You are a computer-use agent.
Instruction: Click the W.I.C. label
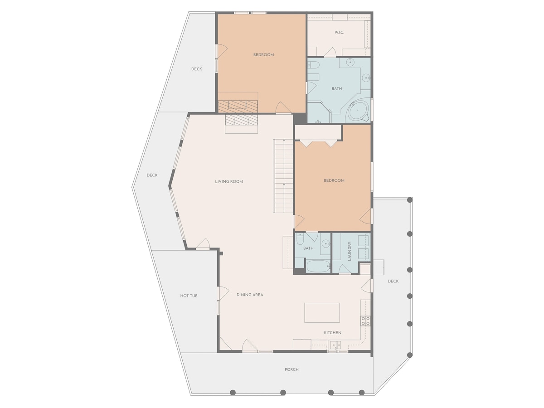(339, 33)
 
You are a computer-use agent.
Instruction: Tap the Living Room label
(229, 182)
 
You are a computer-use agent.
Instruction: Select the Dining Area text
(250, 295)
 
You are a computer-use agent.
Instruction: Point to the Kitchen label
(333, 333)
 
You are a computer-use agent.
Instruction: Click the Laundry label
(350, 251)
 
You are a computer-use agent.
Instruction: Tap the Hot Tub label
(189, 296)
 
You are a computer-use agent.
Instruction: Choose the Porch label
(291, 369)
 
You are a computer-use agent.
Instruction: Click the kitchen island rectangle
(322, 313)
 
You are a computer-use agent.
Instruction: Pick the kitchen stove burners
(365, 321)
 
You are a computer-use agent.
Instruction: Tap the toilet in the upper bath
(314, 65)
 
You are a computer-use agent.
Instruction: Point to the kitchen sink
(336, 345)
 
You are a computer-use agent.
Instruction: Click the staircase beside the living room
(283, 176)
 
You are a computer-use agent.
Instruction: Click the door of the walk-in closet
(330, 52)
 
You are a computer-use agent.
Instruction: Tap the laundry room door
(345, 269)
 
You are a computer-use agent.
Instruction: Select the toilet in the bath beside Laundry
(300, 239)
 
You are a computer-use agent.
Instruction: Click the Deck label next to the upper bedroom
(197, 69)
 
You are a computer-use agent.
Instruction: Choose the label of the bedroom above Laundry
(334, 180)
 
